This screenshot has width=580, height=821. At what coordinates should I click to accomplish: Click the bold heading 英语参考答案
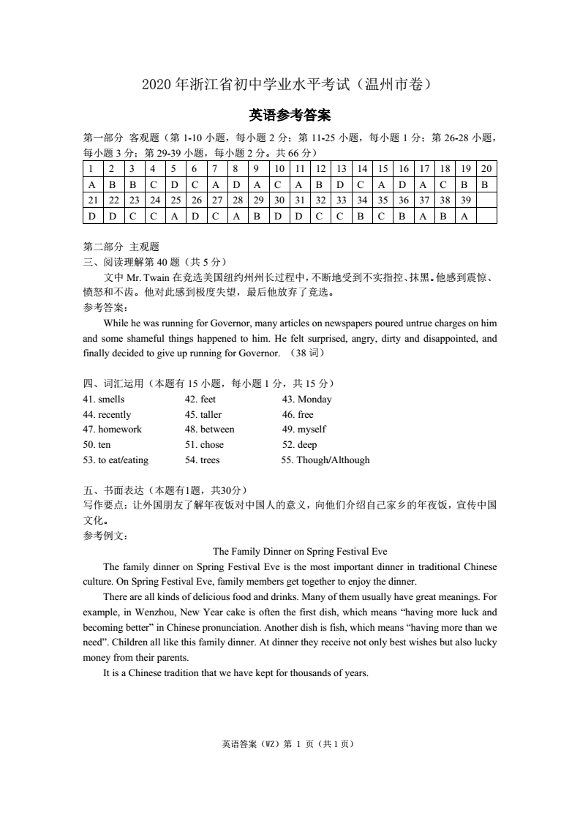coord(290,115)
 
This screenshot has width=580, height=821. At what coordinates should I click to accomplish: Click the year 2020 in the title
coord(156,84)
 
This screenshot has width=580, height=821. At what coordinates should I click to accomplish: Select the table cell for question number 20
coord(486,169)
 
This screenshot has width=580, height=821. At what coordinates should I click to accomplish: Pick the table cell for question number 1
coord(92,169)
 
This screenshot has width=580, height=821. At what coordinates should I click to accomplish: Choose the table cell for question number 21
coord(92,200)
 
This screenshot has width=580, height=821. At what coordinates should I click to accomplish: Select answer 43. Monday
coord(306,400)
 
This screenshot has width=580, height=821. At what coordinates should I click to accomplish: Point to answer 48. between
coord(209,430)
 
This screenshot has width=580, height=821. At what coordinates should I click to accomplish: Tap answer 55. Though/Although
coord(325,460)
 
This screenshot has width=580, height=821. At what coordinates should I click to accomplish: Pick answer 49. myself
coord(304,430)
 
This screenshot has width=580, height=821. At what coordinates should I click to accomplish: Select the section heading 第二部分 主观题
coord(121,247)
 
